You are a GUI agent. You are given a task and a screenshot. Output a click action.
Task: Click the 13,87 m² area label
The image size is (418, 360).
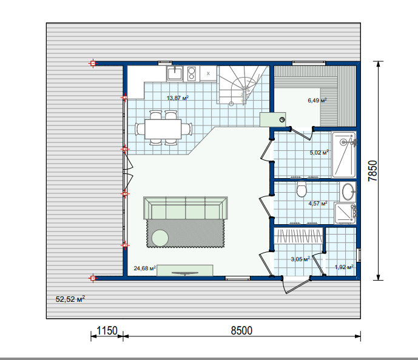coord(178,98)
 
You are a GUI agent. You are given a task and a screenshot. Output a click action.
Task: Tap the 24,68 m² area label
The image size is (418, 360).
coord(145,268)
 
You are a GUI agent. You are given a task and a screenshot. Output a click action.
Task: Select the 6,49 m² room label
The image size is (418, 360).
coord(317,101)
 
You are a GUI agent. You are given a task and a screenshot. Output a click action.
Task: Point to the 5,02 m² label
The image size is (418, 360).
coord(319,153)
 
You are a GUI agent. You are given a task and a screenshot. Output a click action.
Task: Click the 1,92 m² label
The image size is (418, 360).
coord(344,267)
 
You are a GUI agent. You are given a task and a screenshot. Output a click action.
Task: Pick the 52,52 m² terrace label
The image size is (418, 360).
coord(70,299)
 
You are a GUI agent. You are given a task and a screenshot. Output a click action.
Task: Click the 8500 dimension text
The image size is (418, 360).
coord(241,330)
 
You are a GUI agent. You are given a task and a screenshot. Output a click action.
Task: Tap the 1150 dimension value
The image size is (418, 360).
coord(107,330)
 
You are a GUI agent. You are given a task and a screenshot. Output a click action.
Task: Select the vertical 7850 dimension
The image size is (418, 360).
coord(372,171)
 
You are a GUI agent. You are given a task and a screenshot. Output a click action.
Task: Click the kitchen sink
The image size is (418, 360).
coord(175,73)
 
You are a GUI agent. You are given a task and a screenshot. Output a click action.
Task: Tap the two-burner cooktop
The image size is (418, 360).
coord(192,73)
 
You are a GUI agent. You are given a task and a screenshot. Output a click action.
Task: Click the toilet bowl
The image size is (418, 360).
coord(302,189)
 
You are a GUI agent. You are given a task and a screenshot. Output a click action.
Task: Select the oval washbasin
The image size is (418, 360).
coord(348,192)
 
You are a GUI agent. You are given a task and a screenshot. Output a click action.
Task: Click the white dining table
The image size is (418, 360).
coord(163,129)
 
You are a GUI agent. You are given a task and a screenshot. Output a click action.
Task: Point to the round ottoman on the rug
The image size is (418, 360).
coord(160,238)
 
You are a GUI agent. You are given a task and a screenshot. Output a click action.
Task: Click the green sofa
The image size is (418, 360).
coord(186,208)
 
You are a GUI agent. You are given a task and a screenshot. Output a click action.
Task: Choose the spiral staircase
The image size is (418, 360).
coord(242,85)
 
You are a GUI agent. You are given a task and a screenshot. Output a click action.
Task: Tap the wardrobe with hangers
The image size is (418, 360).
coord(298,236)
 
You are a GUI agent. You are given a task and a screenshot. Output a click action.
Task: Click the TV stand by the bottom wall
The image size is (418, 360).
coord(185,270)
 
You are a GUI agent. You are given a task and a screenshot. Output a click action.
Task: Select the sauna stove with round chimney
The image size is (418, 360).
coord(273,119)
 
